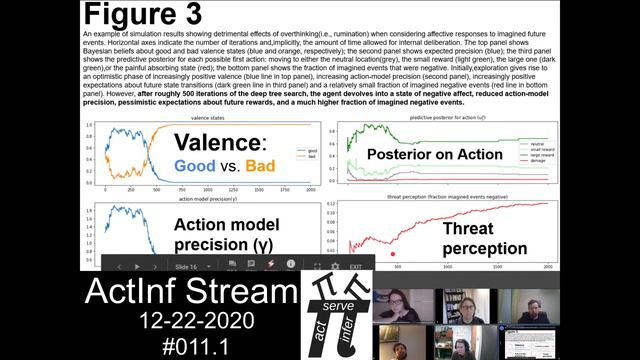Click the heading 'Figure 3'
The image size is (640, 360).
(x=142, y=15)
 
